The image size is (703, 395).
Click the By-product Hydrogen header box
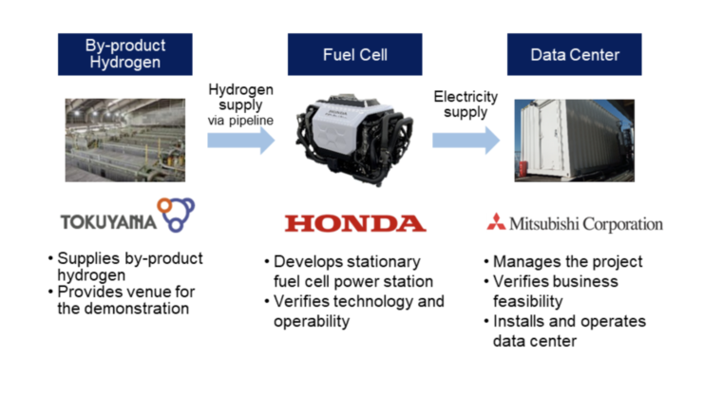click(125, 54)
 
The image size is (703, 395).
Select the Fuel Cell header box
click(350, 54)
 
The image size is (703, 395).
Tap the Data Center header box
click(574, 54)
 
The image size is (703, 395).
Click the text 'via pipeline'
click(240, 121)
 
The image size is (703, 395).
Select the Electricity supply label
click(465, 104)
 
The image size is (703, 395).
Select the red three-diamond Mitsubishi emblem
click(495, 224)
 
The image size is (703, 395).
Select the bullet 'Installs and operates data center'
click(568, 331)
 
